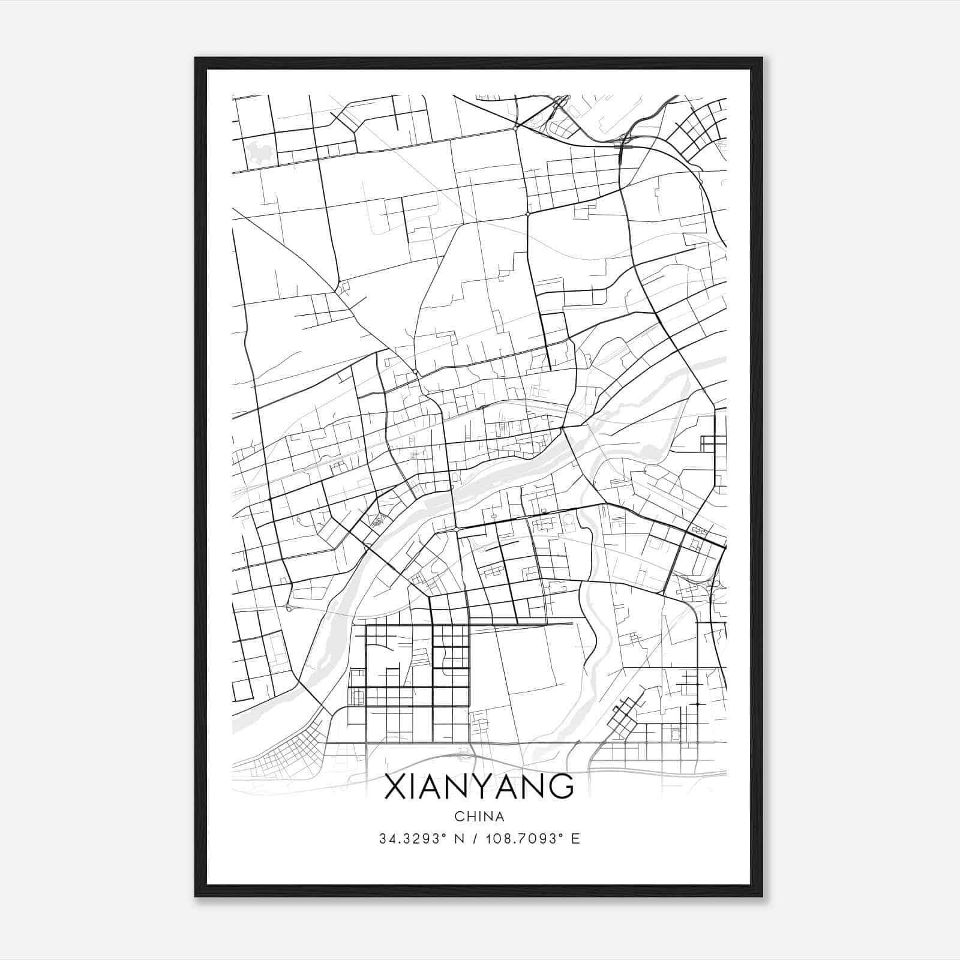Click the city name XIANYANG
(x=479, y=787)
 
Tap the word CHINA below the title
(x=479, y=817)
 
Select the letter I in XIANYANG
(x=414, y=787)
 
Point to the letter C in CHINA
(x=459, y=817)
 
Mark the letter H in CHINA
(x=470, y=817)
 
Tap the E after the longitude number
(x=576, y=839)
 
